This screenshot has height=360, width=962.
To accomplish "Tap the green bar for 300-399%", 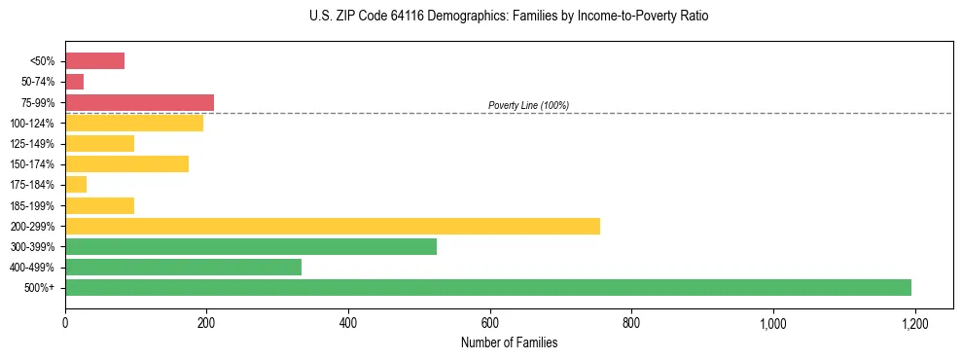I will coord(251,246).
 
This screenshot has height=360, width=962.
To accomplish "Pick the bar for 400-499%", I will coord(183,267).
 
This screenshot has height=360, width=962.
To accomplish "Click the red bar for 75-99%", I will coord(139,102).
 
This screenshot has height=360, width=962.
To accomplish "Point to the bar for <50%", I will coord(94,60).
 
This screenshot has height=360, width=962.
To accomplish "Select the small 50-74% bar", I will coord(75,82).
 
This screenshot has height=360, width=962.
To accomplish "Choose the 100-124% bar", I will coord(134,123).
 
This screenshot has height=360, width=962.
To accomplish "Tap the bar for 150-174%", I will coord(126,163).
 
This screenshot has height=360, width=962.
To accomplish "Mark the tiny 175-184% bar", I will coord(76,184).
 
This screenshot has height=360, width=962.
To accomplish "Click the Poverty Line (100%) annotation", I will coord(528,105).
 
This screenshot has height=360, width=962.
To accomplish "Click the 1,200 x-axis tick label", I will coord(914,322).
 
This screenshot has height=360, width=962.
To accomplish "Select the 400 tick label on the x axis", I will coord(348,322).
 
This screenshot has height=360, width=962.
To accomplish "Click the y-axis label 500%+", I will coord(39,288).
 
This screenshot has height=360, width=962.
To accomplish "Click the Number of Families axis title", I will coord(509,342).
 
